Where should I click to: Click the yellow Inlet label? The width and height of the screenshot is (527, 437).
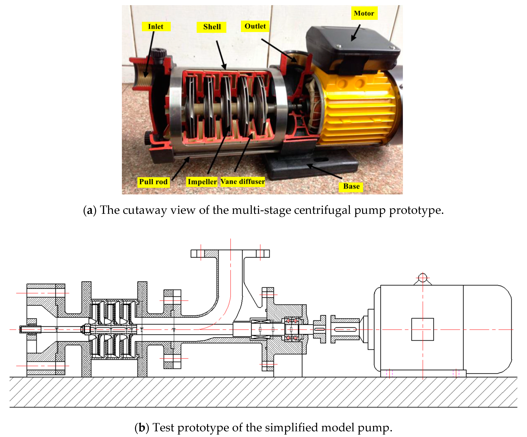[x=156, y=26]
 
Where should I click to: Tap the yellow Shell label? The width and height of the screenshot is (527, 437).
[x=212, y=27]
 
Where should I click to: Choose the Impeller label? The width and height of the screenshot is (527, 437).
[x=202, y=182]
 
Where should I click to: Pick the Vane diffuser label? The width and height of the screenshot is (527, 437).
[x=242, y=181]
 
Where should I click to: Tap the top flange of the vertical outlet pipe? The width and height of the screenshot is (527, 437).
[x=230, y=253]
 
